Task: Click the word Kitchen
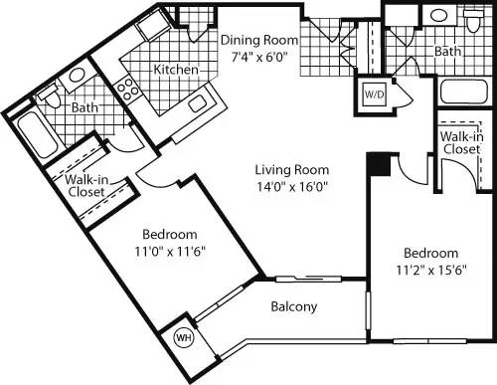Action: point(175,70)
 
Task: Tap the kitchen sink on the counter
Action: point(195,101)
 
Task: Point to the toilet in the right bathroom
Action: point(473,19)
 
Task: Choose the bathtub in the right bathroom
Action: point(464,96)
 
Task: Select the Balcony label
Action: point(294,306)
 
